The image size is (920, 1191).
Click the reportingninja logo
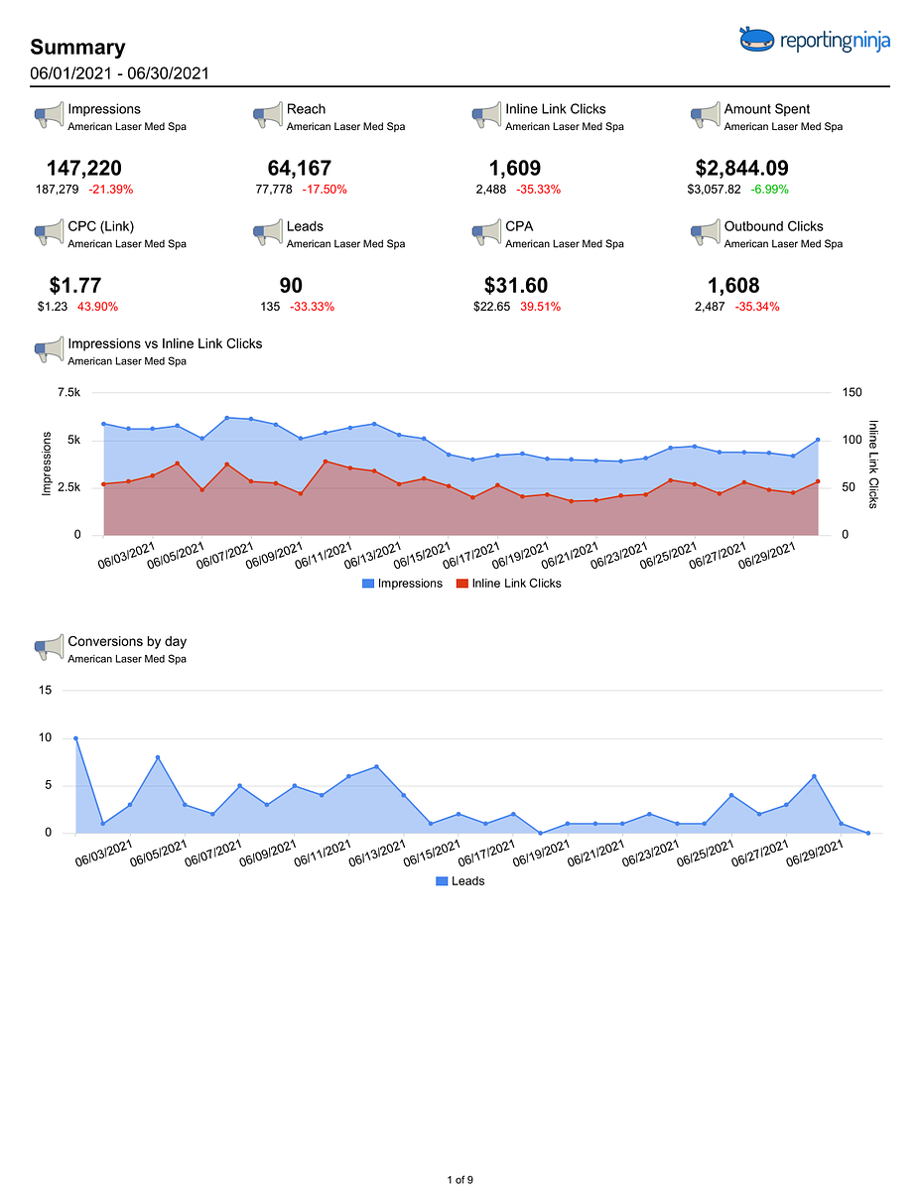pyautogui.click(x=814, y=40)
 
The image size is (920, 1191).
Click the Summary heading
pyautogui.click(x=77, y=48)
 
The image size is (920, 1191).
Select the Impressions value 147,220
pyautogui.click(x=83, y=168)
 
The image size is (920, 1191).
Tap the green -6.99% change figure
pyautogui.click(x=769, y=190)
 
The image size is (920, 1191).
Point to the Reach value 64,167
pyautogui.click(x=299, y=168)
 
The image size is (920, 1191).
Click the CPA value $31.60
pyautogui.click(x=516, y=285)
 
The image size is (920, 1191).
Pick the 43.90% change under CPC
pyautogui.click(x=97, y=307)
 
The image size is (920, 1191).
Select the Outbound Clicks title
pyautogui.click(x=773, y=226)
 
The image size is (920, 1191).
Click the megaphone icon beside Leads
pyautogui.click(x=268, y=232)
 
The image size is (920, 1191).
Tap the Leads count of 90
pyautogui.click(x=291, y=285)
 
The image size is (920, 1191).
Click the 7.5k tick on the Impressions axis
pyautogui.click(x=69, y=392)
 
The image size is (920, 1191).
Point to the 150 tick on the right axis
pyautogui.click(x=853, y=392)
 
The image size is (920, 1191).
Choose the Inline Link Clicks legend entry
pyautogui.click(x=509, y=584)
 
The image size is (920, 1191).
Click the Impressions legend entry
pyautogui.click(x=402, y=584)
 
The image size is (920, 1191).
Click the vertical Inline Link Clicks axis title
pyautogui.click(x=873, y=464)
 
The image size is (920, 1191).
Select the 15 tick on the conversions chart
pyautogui.click(x=45, y=690)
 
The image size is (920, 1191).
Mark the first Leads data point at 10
pyautogui.click(x=75, y=738)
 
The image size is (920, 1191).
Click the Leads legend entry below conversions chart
pyautogui.click(x=460, y=880)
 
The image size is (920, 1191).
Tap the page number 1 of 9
pyautogui.click(x=460, y=1179)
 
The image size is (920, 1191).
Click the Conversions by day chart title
pyautogui.click(x=127, y=641)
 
